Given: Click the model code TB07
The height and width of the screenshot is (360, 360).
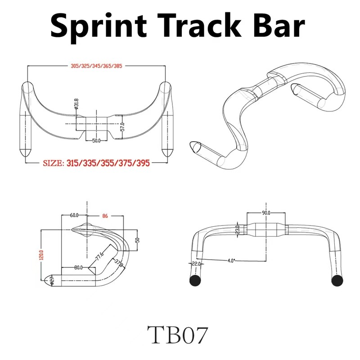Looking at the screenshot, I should tap(180, 335).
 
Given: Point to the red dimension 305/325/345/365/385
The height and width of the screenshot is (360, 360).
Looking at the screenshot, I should tap(96, 66).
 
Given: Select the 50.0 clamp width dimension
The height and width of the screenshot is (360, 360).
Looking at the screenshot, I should tap(96, 141).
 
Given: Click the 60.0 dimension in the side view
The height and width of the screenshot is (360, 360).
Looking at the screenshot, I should tap(74, 215).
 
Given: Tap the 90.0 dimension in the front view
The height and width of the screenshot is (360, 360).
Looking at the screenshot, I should tap(265, 212).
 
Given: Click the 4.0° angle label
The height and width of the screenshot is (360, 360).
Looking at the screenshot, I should tap(231, 260).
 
